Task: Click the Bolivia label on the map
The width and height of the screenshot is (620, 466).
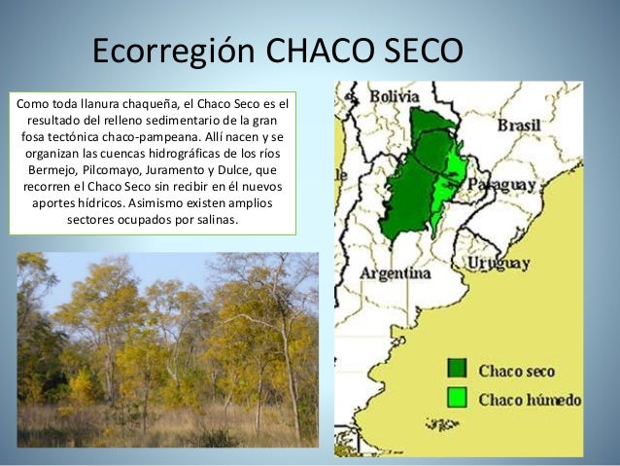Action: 395,97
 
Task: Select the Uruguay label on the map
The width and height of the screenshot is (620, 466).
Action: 498,264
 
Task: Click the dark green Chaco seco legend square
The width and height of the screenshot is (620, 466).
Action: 456,369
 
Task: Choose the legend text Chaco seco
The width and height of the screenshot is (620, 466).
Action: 515,370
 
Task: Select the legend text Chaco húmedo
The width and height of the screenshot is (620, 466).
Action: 529,400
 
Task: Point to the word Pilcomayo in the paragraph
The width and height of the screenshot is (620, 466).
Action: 121,169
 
